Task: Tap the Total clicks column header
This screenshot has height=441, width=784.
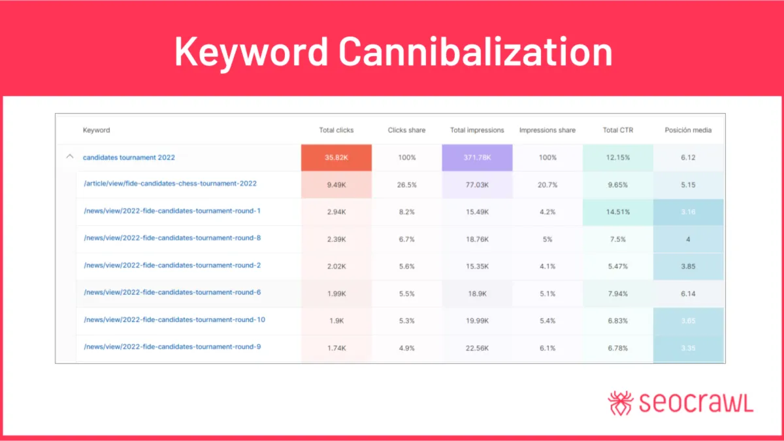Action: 336,130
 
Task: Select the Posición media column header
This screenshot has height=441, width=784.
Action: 688,130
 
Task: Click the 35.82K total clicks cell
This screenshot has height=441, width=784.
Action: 336,157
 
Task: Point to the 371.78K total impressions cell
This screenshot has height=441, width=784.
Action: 477,157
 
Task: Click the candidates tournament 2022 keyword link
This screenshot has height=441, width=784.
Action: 129,157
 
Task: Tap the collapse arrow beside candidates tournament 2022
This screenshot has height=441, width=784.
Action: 70,157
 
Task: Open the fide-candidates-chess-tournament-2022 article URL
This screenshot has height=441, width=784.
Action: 170,184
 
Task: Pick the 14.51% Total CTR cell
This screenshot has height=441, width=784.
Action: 618,212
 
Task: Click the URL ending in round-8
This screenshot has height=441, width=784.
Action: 172,238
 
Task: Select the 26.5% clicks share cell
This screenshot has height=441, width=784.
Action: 406,185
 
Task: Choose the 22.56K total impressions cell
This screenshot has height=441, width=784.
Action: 477,348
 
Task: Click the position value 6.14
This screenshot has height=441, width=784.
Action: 688,294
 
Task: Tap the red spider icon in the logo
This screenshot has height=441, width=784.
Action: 620,402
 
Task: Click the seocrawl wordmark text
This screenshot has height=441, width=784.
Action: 695,402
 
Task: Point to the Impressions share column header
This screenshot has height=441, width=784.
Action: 547,130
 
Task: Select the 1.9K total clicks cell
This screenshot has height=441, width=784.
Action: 336,321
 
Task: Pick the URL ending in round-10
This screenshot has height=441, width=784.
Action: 174,319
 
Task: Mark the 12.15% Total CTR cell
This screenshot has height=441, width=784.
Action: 618,157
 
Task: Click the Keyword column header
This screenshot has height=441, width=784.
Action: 96,130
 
